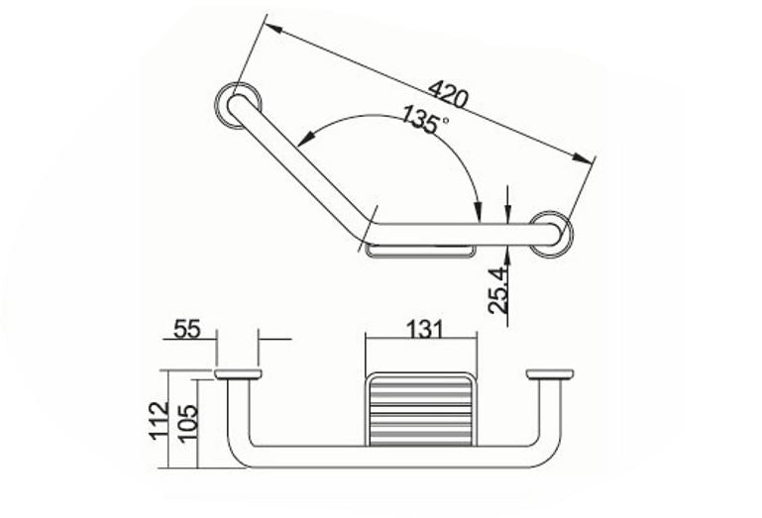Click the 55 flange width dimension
click(187, 329)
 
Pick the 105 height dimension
click(187, 420)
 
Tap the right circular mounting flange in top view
click(550, 234)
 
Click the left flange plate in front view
click(238, 374)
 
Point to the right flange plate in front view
click(550, 374)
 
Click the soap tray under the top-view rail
click(420, 251)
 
